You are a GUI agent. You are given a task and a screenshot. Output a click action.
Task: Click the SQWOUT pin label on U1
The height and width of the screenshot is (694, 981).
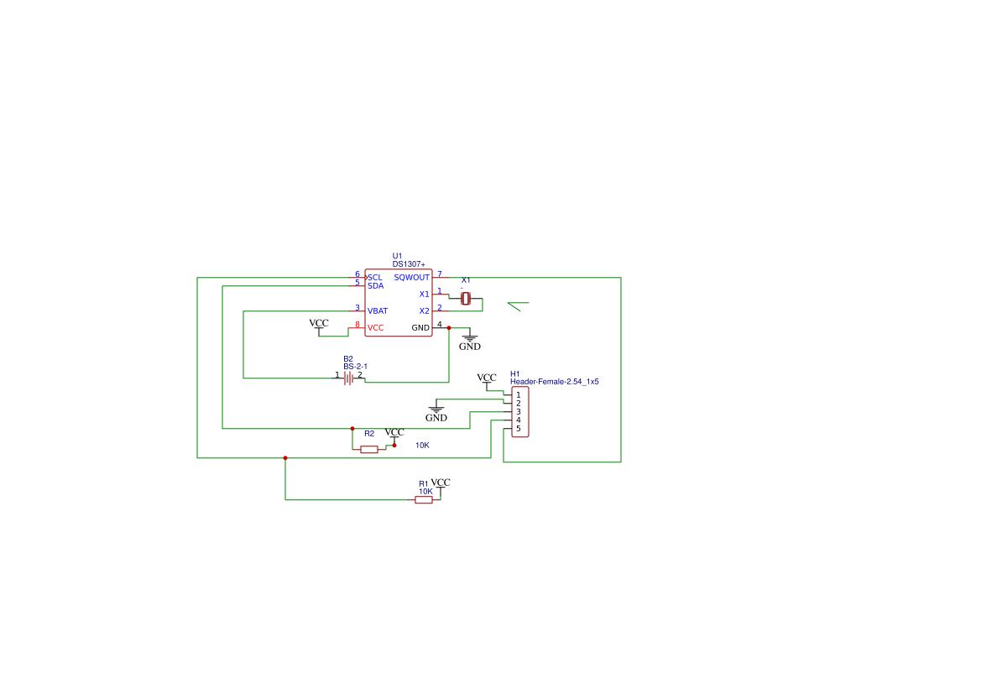412,277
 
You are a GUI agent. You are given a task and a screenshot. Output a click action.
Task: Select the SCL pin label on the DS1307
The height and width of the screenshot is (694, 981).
375,277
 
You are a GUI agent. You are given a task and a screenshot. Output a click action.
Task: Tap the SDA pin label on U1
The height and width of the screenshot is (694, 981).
375,286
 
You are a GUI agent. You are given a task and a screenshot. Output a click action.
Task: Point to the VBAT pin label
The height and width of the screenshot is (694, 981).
378,311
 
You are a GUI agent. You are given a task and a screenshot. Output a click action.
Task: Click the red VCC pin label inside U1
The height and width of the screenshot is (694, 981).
375,328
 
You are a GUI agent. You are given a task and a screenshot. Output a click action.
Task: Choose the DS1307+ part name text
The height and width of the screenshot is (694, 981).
409,264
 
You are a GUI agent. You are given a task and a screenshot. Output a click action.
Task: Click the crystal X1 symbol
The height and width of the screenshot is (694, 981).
466,299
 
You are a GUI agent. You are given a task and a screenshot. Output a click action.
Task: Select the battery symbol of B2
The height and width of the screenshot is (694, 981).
348,378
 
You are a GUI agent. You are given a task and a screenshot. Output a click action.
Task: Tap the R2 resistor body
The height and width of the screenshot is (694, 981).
369,449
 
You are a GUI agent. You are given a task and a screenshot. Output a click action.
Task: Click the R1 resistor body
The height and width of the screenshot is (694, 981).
424,500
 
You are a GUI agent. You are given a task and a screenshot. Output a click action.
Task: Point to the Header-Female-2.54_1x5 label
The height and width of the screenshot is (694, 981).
555,382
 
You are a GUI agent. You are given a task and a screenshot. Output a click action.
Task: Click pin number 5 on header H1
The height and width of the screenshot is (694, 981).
518,429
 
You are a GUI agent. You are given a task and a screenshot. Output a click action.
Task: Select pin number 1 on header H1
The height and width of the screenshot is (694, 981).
518,395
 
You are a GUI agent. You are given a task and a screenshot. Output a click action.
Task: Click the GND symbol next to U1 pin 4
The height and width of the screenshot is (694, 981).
470,342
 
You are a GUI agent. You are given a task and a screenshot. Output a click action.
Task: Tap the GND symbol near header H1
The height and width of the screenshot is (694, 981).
436,414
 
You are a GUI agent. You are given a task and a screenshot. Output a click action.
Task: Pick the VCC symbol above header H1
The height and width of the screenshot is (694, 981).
487,380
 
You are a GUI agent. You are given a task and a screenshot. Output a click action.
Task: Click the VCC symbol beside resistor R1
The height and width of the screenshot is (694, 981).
441,485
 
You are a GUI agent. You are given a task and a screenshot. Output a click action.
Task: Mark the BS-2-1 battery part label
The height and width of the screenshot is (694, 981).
355,367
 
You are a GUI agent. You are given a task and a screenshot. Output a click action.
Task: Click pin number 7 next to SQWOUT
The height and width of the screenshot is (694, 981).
440,274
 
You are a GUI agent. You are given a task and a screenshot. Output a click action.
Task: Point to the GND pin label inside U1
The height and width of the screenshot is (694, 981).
420,328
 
